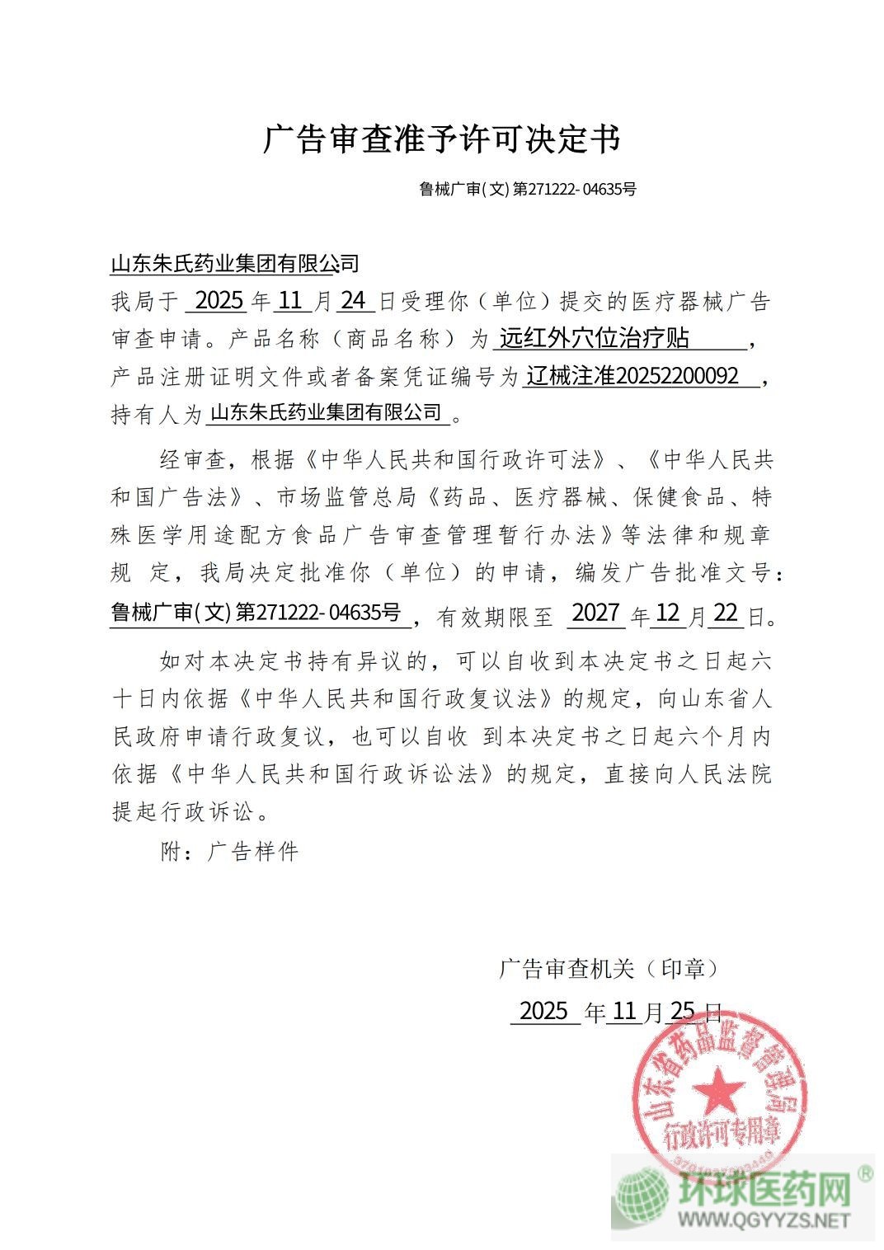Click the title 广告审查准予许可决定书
click(441, 139)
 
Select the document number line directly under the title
click(528, 189)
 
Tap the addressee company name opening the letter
click(235, 263)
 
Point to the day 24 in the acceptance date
click(354, 300)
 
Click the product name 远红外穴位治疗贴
click(595, 338)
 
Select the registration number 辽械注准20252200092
click(632, 376)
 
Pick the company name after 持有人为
click(327, 412)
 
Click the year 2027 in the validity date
click(595, 613)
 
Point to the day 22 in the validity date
click(726, 613)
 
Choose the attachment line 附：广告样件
click(228, 851)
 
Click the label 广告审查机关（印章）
click(608, 968)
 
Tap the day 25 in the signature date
click(684, 1011)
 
